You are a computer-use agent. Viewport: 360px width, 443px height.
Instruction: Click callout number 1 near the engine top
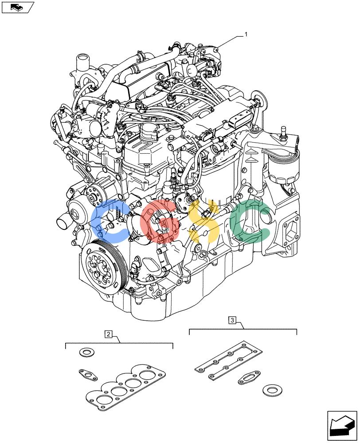(246, 34)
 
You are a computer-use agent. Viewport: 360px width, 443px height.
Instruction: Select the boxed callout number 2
(108, 334)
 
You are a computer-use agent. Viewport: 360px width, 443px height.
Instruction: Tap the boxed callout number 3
(232, 320)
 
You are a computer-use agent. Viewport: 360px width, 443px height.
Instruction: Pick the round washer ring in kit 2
(87, 352)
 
